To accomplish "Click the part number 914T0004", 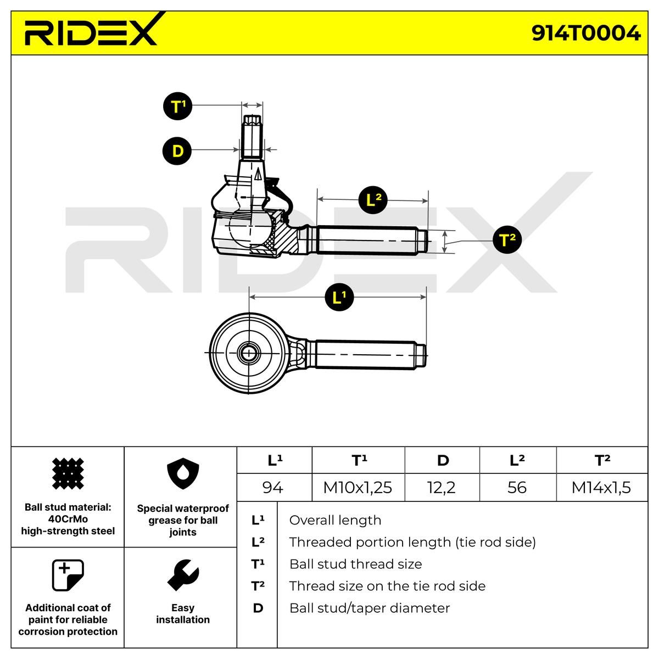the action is [585, 33].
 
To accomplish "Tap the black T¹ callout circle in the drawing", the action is [177, 106].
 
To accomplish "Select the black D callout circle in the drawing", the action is [177, 151].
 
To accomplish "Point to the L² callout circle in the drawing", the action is [373, 200].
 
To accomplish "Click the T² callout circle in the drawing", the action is [507, 239].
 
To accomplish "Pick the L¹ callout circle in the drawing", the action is [339, 297].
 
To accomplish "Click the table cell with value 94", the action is [274, 487].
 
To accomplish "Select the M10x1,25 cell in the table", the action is [358, 487].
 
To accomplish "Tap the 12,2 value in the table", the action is [442, 487].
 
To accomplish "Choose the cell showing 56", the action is [518, 487].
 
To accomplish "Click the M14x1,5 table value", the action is [602, 487].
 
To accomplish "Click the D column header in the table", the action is [442, 460].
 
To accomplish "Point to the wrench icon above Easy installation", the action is [183, 575].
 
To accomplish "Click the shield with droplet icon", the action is [183, 473].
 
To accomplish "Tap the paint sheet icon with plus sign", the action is [68, 575].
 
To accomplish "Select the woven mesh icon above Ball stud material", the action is [68, 473].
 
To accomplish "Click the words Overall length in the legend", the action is [335, 520].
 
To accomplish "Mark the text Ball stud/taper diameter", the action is [370, 608].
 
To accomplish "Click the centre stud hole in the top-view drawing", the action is [249, 353].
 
